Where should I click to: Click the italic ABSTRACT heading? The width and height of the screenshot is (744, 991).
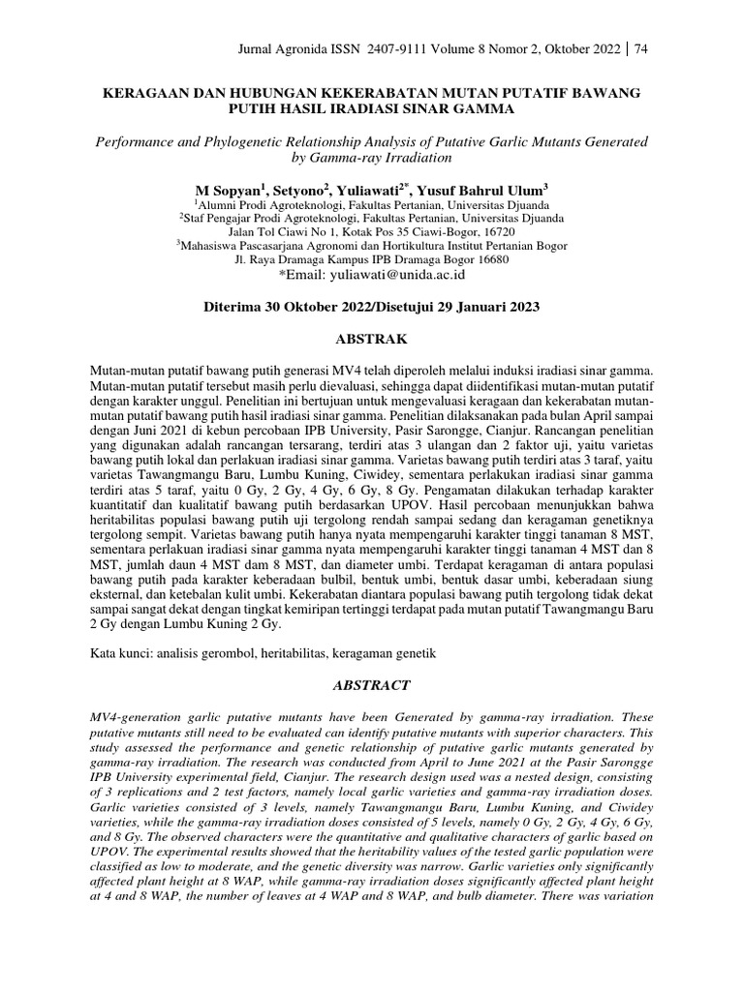372,684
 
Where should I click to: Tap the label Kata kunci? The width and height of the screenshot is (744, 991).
122,653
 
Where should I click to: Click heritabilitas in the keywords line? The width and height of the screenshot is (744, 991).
286,653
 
